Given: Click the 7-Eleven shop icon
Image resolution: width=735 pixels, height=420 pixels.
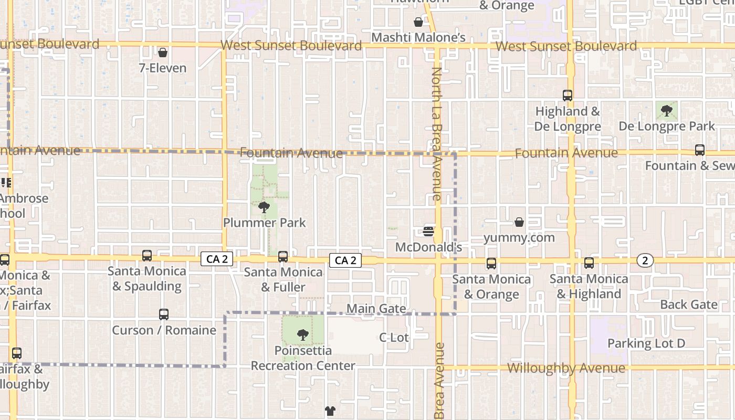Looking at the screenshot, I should [163, 52].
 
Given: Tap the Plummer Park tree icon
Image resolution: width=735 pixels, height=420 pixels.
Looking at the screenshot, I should [264, 207].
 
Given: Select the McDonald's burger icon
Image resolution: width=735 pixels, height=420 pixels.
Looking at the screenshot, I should [428, 231].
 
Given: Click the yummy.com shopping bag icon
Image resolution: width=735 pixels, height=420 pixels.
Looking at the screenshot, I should [519, 223].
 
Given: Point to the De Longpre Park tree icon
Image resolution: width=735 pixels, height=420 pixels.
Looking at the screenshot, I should [667, 111].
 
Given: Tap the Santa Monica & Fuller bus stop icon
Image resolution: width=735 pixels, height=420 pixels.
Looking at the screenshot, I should [283, 256].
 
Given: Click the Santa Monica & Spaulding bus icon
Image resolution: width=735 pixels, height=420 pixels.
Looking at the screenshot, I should [147, 256].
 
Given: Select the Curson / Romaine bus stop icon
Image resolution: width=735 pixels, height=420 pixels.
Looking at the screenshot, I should [164, 314].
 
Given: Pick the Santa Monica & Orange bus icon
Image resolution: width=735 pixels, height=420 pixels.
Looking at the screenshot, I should [491, 264].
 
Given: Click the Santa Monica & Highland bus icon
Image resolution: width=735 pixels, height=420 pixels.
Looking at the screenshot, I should [589, 263].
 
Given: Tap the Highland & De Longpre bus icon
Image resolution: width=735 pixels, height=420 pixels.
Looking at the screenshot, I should [568, 96].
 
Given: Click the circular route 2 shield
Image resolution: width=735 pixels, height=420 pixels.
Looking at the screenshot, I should [645, 260].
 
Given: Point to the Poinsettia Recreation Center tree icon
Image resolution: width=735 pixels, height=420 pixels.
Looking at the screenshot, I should [302, 334].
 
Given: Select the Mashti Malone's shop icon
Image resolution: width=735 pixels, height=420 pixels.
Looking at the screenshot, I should [418, 22].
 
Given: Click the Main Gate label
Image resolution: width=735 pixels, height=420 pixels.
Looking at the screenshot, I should [376, 308].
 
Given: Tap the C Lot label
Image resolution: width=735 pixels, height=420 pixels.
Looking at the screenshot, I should [394, 337].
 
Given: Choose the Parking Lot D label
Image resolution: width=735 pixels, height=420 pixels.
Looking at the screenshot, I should [646, 343].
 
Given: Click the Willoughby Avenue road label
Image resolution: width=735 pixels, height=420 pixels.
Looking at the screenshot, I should [566, 368].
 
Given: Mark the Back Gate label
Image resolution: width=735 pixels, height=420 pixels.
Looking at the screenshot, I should [689, 304].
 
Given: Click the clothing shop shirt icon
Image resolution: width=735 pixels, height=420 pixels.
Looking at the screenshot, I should [330, 411].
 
